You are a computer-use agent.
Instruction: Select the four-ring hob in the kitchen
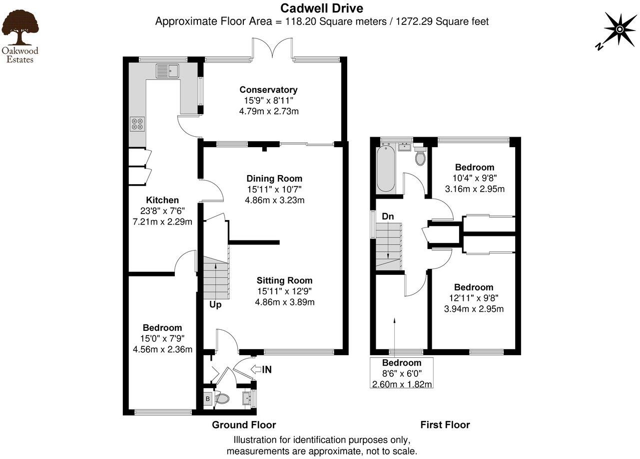(x=137, y=123)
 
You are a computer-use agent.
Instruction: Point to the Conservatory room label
(x=268, y=90)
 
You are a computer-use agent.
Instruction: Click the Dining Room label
(x=274, y=179)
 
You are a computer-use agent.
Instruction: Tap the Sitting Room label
(x=284, y=280)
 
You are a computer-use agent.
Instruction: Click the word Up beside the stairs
(x=215, y=304)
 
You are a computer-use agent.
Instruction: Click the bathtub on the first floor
(x=385, y=169)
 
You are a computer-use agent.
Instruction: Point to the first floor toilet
(x=420, y=157)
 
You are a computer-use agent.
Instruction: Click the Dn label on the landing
(x=388, y=217)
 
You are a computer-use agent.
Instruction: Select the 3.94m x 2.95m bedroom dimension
(x=474, y=309)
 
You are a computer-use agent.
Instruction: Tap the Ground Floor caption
(x=244, y=425)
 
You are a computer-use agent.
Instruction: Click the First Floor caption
(x=445, y=425)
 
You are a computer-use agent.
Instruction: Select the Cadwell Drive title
(x=321, y=8)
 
